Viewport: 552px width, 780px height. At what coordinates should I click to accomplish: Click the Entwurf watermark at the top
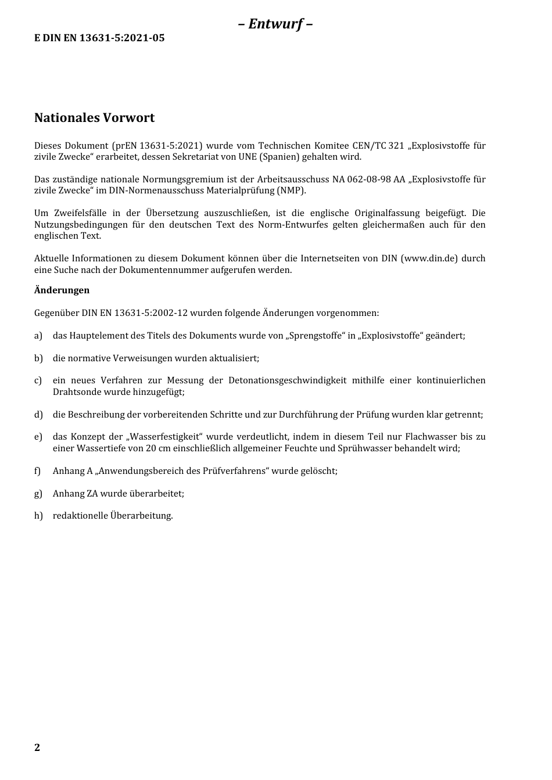point(275,24)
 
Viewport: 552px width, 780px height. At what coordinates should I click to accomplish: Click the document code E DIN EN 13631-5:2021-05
point(99,38)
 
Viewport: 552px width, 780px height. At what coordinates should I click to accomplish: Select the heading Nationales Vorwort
point(94,118)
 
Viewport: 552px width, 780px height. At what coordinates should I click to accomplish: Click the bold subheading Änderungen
point(62,290)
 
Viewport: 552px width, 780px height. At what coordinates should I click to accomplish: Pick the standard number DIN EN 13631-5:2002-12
point(135,313)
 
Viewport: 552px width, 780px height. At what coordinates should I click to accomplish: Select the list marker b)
point(38,358)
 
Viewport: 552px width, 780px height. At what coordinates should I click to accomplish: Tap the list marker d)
point(38,415)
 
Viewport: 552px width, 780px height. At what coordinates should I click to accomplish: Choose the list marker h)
point(38,516)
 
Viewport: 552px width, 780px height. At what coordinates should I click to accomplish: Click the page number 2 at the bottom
point(37,747)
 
